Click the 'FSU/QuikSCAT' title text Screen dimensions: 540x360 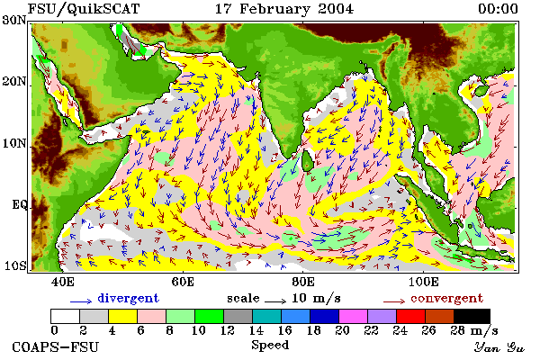tap(84, 9)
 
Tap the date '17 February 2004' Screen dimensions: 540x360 tap(284, 9)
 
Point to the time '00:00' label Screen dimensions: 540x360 tap(498, 9)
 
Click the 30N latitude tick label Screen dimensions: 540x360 tap(13, 20)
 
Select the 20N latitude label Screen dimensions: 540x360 tap(13, 81)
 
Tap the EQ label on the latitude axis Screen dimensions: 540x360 tap(19, 204)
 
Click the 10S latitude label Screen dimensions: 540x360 tap(14, 265)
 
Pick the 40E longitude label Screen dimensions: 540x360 tap(63, 282)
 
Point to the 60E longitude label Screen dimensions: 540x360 tap(183, 282)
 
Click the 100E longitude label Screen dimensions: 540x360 tap(424, 282)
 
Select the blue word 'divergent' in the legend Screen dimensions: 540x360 tap(128, 298)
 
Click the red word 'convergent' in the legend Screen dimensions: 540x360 tap(446, 298)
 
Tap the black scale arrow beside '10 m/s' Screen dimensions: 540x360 tap(275, 301)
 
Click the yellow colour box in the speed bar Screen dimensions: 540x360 tap(122, 316)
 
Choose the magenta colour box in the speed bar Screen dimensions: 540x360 tap(353, 316)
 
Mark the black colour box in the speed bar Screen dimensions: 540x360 tap(472, 316)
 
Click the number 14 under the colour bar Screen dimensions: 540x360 tap(256, 330)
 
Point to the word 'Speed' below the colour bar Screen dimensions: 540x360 tap(270, 345)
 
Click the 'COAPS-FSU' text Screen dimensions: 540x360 tap(56, 346)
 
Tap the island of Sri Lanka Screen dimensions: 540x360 tap(307, 161)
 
